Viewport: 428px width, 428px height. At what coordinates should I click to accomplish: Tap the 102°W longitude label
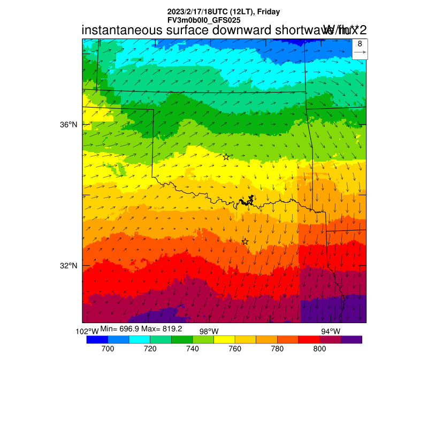(x=87, y=332)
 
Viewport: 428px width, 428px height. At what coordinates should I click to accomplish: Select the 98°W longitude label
(x=209, y=332)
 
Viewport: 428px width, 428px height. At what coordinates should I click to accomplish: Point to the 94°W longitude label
(x=330, y=332)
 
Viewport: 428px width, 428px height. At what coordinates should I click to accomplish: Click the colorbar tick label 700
(x=108, y=349)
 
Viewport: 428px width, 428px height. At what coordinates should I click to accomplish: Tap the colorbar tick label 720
(x=150, y=349)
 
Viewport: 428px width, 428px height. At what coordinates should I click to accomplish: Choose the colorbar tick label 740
(x=192, y=349)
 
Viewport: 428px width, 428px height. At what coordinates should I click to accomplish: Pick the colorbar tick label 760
(x=235, y=349)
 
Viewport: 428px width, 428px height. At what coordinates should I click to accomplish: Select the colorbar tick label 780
(x=277, y=349)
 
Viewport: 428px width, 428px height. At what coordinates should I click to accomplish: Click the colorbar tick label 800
(x=319, y=349)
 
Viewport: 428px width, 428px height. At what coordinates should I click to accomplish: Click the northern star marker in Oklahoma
(x=226, y=157)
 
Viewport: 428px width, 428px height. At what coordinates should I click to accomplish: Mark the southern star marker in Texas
(x=245, y=241)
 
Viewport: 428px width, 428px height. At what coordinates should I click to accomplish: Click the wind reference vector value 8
(x=360, y=44)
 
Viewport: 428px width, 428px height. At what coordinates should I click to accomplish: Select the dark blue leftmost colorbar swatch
(x=97, y=339)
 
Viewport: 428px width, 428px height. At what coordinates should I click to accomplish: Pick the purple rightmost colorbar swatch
(x=351, y=339)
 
